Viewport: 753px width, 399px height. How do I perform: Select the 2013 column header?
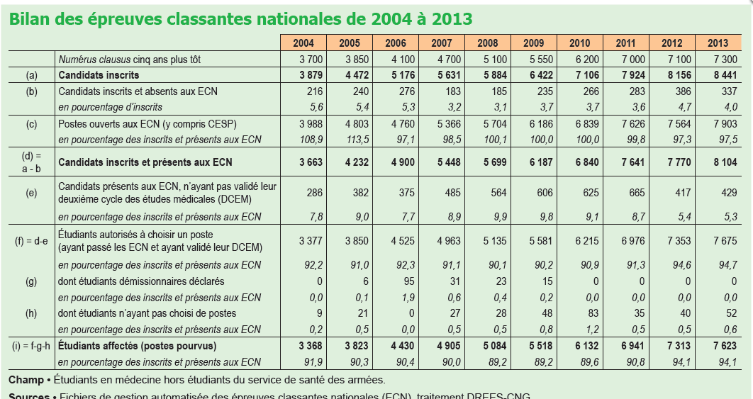[718, 43]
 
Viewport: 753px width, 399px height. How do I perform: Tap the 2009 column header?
[533, 43]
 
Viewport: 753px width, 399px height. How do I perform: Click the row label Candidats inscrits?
[99, 75]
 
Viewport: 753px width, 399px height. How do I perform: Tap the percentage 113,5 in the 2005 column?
[356, 139]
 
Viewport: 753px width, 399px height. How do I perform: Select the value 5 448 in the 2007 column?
[448, 162]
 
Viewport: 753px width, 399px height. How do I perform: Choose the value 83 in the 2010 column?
[590, 313]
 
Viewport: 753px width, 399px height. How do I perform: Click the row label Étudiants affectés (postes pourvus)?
[138, 346]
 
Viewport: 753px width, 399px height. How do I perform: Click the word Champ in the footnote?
[26, 380]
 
